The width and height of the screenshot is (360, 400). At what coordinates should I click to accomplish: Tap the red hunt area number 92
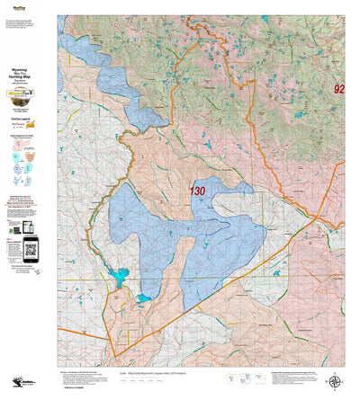click(x=338, y=89)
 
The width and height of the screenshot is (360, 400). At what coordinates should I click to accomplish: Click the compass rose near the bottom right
click(x=336, y=380)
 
